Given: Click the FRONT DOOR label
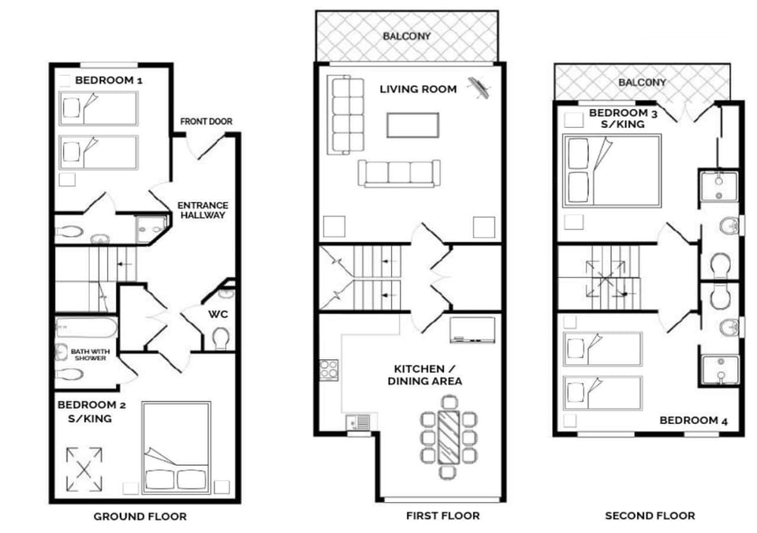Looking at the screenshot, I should pos(206,122).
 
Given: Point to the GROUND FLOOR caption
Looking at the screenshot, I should pos(140,516).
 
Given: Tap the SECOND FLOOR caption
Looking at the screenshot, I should pos(650,516).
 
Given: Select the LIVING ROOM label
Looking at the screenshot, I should pos(418,89).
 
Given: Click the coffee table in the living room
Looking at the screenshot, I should pos(412,125).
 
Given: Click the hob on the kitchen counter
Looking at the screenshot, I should pos(329,370).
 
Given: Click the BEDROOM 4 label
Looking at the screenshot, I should pos(693,420).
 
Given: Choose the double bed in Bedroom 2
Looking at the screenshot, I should pos(176,449).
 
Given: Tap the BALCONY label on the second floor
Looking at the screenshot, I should pos(642,82).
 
